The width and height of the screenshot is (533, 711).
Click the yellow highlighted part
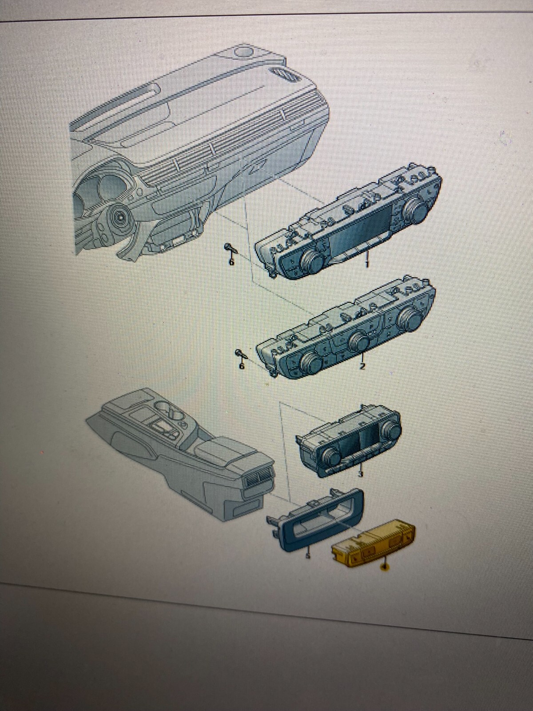coord(373,545)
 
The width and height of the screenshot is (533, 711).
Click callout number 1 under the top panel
coord(367,264)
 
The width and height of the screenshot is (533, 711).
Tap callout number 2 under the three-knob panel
coord(362,367)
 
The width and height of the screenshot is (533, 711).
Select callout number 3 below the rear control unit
coord(360,475)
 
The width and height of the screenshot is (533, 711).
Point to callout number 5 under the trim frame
coord(308,555)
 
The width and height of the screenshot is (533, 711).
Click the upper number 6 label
coord(231,263)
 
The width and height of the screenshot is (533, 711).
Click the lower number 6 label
coord(241,367)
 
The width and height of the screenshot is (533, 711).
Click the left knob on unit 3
coord(330,454)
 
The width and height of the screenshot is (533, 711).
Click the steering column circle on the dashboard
coord(120,218)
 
